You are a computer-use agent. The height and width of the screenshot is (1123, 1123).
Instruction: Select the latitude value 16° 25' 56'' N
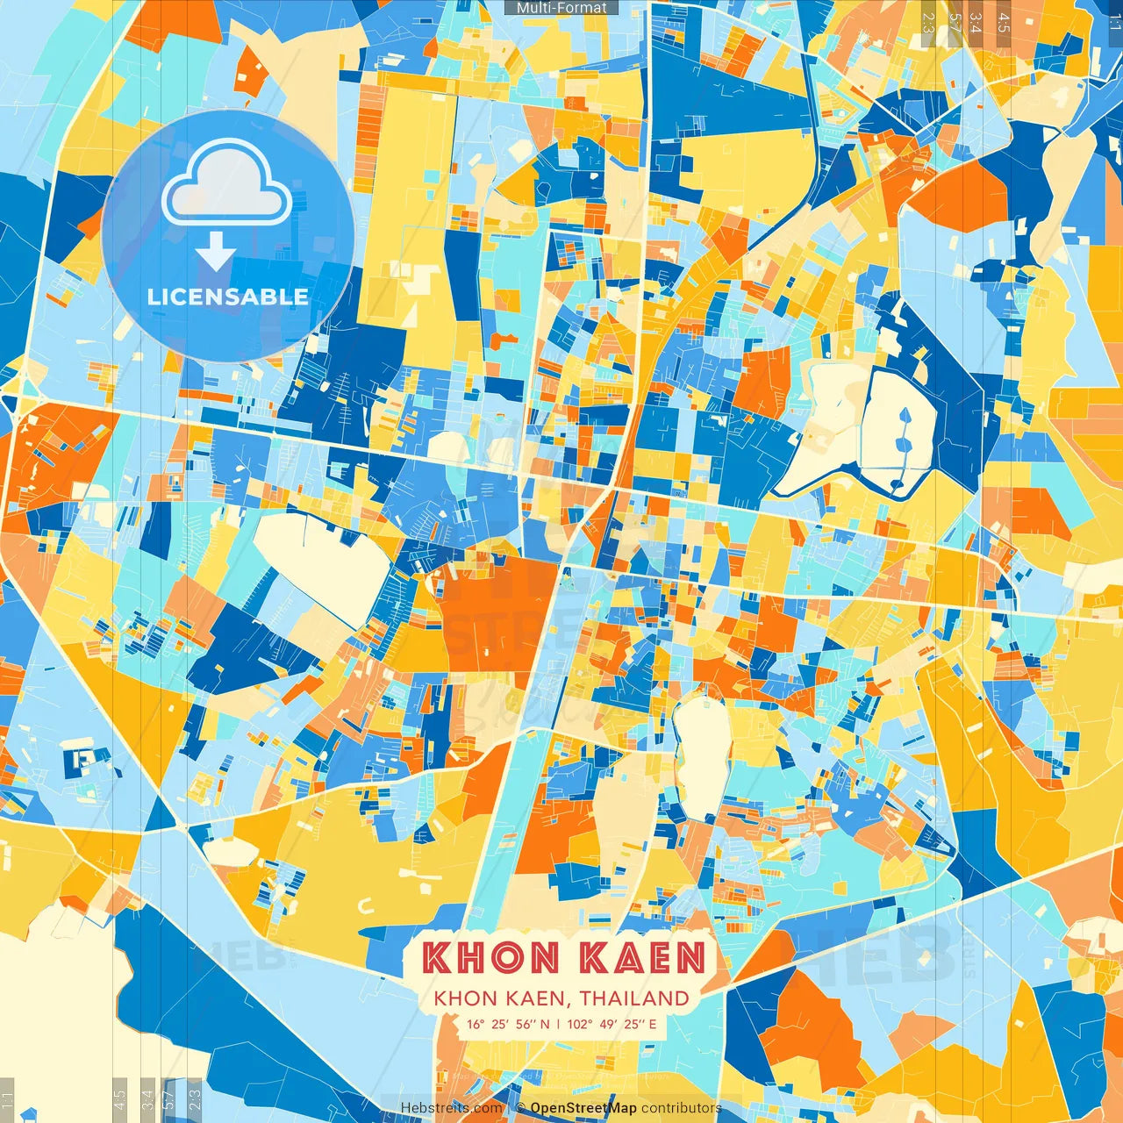508,1024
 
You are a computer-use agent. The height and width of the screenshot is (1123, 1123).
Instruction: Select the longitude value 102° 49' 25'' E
612,1024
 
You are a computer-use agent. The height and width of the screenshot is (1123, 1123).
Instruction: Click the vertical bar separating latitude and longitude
558,1024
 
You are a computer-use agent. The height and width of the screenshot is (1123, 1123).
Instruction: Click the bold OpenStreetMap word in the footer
583,1108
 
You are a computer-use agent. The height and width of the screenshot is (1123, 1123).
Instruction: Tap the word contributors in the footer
681,1108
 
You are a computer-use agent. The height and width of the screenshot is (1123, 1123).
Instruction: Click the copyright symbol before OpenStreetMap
521,1108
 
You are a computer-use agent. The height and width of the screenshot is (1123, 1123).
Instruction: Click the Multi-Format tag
561,8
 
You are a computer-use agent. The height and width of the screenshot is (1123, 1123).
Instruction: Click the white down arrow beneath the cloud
215,254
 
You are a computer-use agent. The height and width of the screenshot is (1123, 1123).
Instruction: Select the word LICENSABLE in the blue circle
228,297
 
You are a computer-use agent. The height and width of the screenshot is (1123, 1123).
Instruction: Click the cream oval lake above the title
703,755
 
